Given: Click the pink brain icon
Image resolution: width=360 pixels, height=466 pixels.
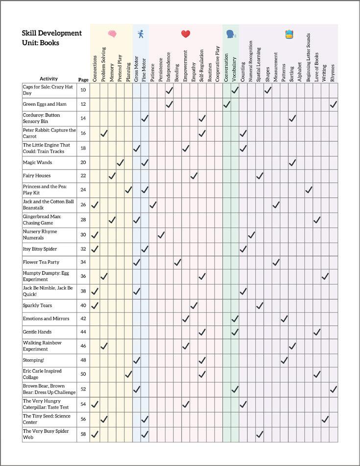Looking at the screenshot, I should click(x=112, y=34).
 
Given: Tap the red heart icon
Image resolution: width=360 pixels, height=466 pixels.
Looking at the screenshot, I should click(x=186, y=34).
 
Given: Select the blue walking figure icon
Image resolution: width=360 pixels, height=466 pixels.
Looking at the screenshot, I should click(x=141, y=34).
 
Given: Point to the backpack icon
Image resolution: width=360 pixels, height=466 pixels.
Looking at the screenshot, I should click(x=289, y=34).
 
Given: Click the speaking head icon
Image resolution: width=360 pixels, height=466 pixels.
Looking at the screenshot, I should click(x=230, y=34).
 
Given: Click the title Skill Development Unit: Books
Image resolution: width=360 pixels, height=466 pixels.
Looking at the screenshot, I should click(x=51, y=38).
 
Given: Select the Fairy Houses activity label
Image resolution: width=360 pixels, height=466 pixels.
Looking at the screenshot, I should click(x=37, y=175).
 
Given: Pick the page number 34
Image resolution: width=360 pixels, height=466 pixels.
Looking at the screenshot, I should click(x=83, y=262).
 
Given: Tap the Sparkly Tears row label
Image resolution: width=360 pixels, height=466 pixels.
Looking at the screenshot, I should click(x=37, y=305).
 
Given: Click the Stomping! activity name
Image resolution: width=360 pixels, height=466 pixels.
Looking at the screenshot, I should click(x=33, y=360).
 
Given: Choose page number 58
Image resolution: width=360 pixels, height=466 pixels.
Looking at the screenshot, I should click(x=83, y=434).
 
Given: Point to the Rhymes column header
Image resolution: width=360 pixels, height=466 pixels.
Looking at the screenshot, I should click(x=333, y=72).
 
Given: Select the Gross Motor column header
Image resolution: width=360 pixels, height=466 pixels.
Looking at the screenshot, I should click(x=136, y=69).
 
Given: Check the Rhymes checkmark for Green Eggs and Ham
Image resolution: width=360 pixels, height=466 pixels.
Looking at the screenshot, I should click(x=334, y=104).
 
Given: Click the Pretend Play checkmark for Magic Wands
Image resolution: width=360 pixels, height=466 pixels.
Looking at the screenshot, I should click(x=120, y=162).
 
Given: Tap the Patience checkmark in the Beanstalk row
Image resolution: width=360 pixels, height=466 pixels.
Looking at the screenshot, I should click(x=153, y=204).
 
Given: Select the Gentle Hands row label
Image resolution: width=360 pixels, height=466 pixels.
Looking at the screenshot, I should click(x=37, y=332).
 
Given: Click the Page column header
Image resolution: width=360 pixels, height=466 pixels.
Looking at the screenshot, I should click(x=83, y=79).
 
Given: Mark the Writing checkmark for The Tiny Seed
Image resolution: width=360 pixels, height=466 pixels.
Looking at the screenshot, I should click(x=325, y=419).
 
